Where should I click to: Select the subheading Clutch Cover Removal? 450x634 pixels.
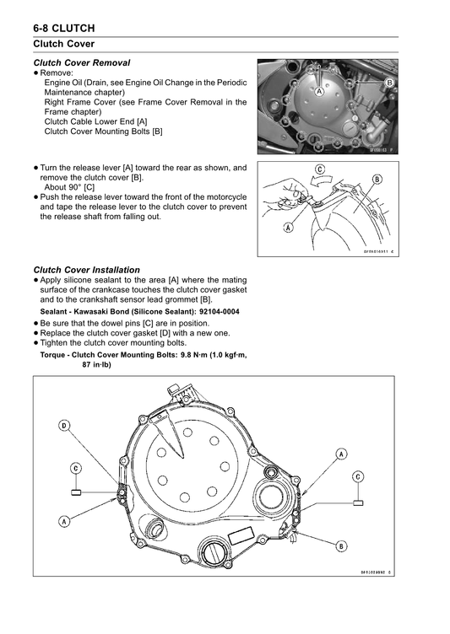81,63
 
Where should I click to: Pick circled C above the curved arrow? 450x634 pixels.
320,169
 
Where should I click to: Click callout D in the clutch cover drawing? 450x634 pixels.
64,426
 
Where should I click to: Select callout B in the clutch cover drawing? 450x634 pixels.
341,545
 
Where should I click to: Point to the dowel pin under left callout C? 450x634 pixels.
75,492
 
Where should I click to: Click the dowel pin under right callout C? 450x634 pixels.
358,501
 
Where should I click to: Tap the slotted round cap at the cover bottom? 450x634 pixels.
211,556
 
